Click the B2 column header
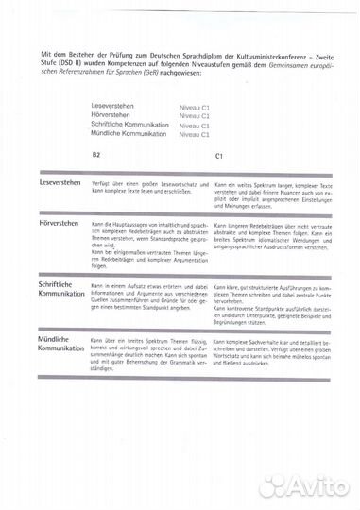[x=95, y=154]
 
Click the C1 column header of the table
[x=219, y=154]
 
